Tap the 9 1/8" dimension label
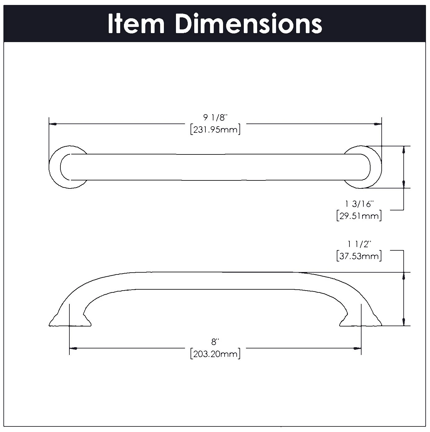click(x=215, y=118)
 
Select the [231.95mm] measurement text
click(x=215, y=129)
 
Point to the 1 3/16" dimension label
click(x=359, y=204)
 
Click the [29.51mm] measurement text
click(x=359, y=216)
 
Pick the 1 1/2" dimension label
click(x=359, y=244)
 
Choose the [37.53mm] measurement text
click(x=359, y=256)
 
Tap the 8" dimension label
click(x=215, y=342)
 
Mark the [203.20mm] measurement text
click(x=215, y=354)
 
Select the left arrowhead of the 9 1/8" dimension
click(x=53, y=124)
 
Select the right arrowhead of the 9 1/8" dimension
click(x=378, y=124)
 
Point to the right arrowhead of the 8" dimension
click(x=358, y=348)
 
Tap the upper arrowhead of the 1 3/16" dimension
click(x=404, y=150)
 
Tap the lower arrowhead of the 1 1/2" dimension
click(x=404, y=322)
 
